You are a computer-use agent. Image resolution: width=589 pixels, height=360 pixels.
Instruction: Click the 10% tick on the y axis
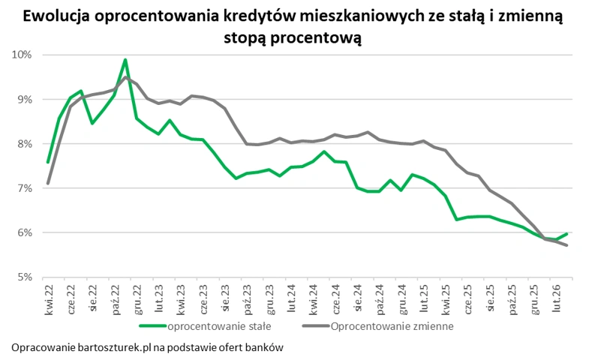(x=22, y=55)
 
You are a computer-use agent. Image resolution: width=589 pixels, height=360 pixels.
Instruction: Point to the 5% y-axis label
(x=24, y=277)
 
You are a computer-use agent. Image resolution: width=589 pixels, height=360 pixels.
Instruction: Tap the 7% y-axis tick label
(x=24, y=188)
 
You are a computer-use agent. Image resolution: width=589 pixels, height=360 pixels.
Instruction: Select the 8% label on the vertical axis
(x=24, y=144)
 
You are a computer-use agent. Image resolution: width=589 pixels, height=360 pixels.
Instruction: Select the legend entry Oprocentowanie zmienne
(x=391, y=326)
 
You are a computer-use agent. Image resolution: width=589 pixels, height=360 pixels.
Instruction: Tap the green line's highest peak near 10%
(x=125, y=60)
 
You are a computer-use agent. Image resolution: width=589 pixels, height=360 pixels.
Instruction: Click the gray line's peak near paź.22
(x=126, y=77)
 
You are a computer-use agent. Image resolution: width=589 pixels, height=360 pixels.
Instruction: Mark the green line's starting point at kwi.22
(x=48, y=162)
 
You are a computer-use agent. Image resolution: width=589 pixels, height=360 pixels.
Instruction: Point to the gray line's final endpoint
(x=566, y=245)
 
